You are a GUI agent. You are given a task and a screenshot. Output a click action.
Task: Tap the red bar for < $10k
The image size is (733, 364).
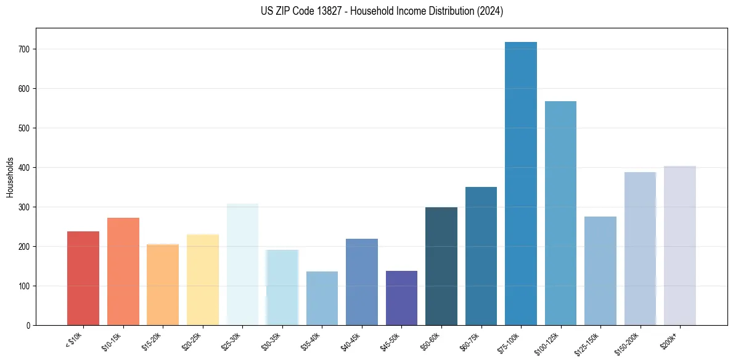coord(83,278)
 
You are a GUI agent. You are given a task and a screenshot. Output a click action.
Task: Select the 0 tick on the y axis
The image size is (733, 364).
coord(28,326)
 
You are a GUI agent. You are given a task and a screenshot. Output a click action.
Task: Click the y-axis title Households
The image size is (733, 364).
coord(10,177)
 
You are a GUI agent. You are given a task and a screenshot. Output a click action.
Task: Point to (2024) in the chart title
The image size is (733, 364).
coord(490,11)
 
